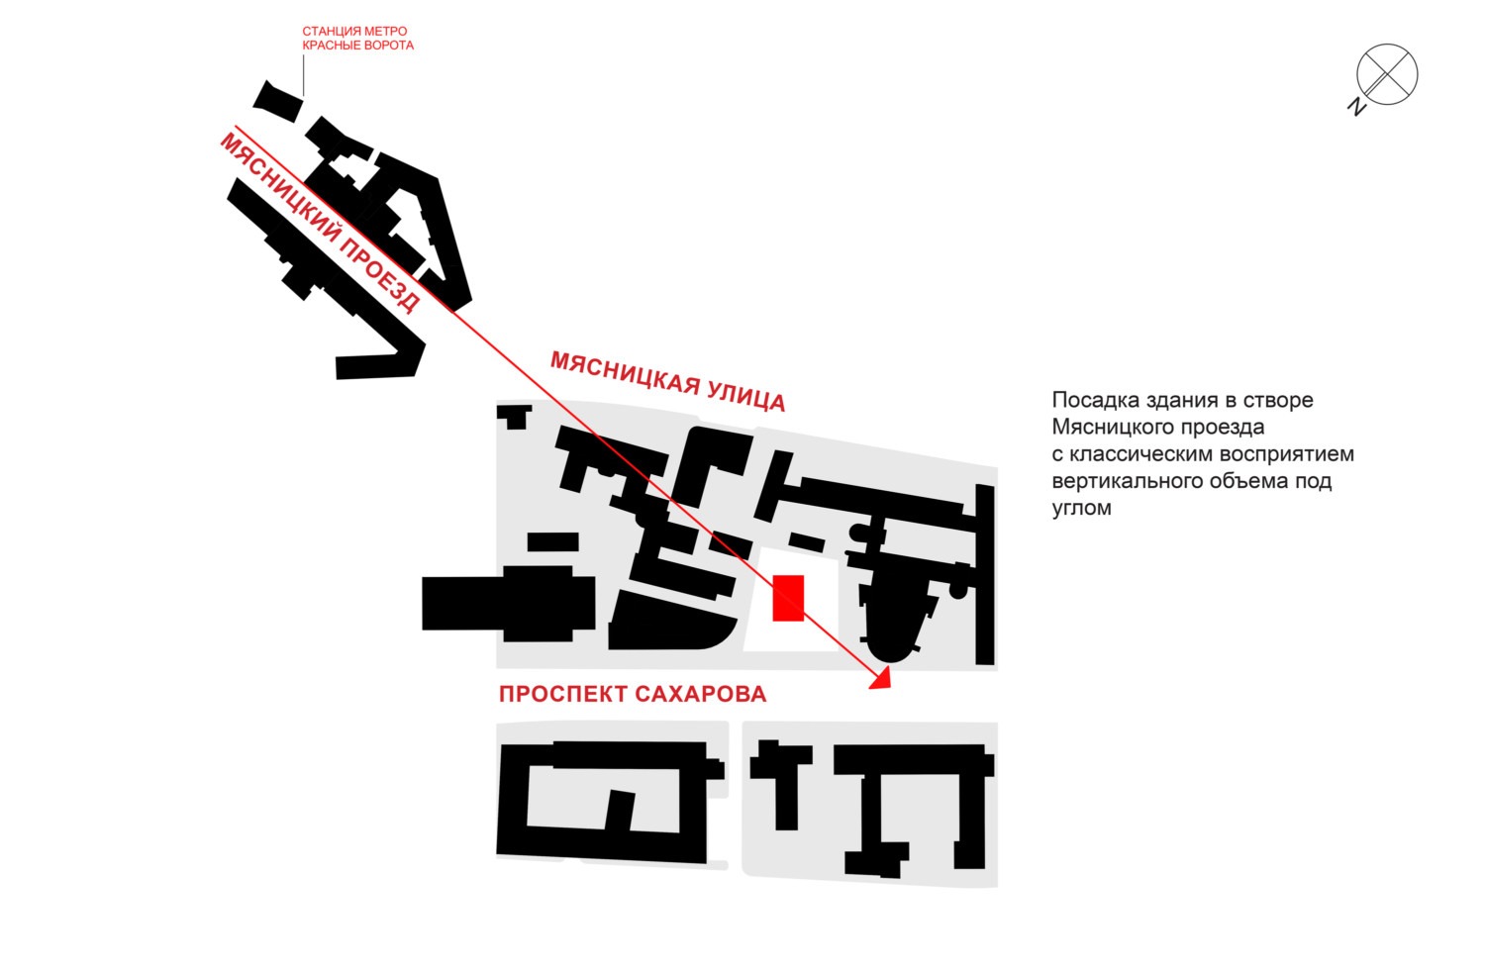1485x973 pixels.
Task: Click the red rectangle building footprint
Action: pos(788,598)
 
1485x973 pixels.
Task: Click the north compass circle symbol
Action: pos(1387,74)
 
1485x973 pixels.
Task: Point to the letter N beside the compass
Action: pos(1356,107)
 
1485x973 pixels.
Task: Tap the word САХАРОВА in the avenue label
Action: pos(701,694)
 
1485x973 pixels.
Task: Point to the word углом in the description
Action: pos(1081,509)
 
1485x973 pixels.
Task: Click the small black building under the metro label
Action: pos(278,101)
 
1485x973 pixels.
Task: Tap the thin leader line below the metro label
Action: pos(304,75)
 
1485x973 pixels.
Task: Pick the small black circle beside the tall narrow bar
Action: pos(958,590)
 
